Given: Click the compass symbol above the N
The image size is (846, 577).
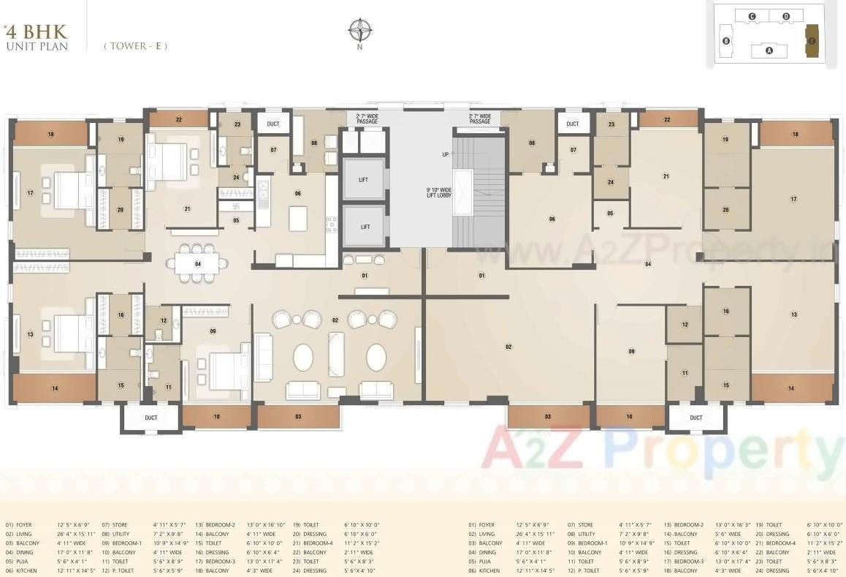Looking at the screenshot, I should click(359, 30).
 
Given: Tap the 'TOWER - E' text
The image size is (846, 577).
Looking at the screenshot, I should click(135, 45).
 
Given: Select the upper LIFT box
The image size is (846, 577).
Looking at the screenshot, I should click(364, 179).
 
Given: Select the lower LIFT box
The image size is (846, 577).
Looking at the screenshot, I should click(364, 227).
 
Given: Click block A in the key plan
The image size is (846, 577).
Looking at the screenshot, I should click(769, 50).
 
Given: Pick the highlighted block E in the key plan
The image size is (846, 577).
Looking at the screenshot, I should click(811, 41).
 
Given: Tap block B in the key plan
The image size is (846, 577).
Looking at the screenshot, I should click(726, 41).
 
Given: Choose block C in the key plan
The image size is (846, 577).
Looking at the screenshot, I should click(752, 16).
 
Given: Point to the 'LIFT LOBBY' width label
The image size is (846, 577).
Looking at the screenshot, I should click(441, 194).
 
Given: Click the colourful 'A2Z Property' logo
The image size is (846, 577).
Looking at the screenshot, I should click(662, 449).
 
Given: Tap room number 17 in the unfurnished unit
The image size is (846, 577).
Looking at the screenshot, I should click(793, 199).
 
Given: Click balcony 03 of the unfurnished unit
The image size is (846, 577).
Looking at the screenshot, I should click(548, 416).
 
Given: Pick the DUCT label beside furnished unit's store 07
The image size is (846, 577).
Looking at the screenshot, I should click(273, 124).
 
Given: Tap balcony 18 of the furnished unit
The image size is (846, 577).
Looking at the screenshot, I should click(51, 134).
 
